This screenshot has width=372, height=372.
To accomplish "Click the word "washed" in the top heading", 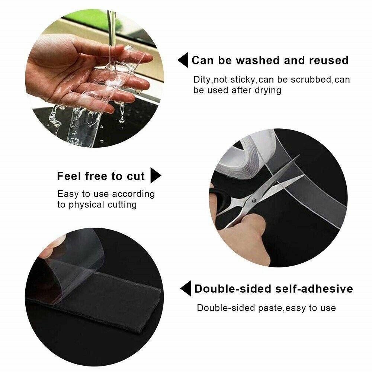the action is (x=258, y=60).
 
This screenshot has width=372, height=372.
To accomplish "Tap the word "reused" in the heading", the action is (x=329, y=60).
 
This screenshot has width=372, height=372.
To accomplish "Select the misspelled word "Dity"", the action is (x=202, y=80).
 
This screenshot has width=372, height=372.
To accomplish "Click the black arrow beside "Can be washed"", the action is (x=183, y=60).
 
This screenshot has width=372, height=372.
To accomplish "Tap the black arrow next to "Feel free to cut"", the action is (x=156, y=176).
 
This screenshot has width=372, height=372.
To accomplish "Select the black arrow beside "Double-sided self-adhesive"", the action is (x=186, y=289).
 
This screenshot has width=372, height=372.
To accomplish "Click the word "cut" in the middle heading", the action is (x=136, y=176).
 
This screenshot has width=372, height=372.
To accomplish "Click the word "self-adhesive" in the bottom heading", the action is (x=314, y=289).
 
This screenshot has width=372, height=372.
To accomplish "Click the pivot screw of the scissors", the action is (x=254, y=201).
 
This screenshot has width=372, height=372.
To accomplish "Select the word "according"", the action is (x=133, y=194).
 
